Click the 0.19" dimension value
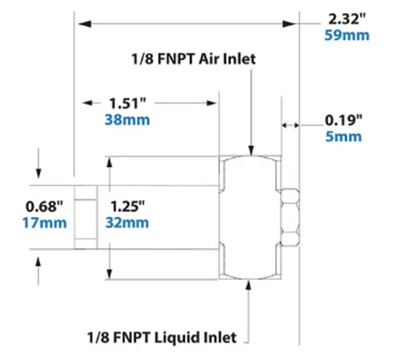343,120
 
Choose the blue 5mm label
343,136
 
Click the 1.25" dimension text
128,207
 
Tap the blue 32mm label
128,223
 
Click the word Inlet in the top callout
239,58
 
